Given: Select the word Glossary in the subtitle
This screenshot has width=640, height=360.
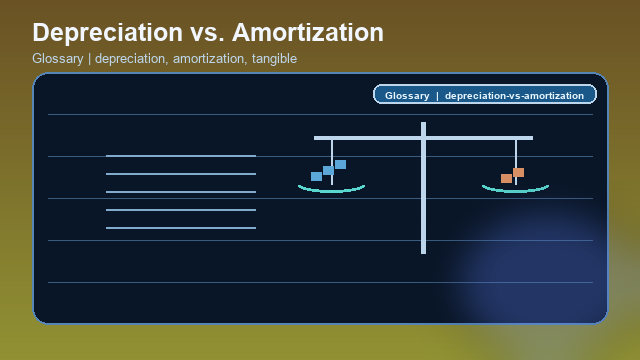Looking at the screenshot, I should (x=57, y=59).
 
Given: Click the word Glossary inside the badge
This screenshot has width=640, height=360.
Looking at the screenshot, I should (x=406, y=95).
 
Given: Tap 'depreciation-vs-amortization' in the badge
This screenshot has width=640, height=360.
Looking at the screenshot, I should (x=514, y=95).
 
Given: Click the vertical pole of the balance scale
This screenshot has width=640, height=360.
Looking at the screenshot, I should (x=423, y=200).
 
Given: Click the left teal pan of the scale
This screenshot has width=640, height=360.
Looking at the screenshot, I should (x=331, y=189).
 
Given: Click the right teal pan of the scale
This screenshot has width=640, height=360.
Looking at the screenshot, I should (x=515, y=189).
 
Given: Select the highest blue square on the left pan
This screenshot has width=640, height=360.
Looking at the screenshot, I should (x=340, y=164).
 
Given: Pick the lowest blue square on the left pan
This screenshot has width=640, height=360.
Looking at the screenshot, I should (x=316, y=176).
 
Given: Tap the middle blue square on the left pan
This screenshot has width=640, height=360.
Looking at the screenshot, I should (x=328, y=170).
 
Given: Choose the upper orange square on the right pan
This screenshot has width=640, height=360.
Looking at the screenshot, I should (x=518, y=172).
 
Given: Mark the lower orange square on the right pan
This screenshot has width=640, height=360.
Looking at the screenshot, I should (x=506, y=178).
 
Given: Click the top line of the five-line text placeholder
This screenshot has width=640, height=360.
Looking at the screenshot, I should (x=181, y=156).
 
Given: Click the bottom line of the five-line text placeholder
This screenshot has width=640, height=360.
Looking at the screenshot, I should (x=181, y=228).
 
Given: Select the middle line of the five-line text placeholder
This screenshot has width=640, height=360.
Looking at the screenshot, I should (x=181, y=192).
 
